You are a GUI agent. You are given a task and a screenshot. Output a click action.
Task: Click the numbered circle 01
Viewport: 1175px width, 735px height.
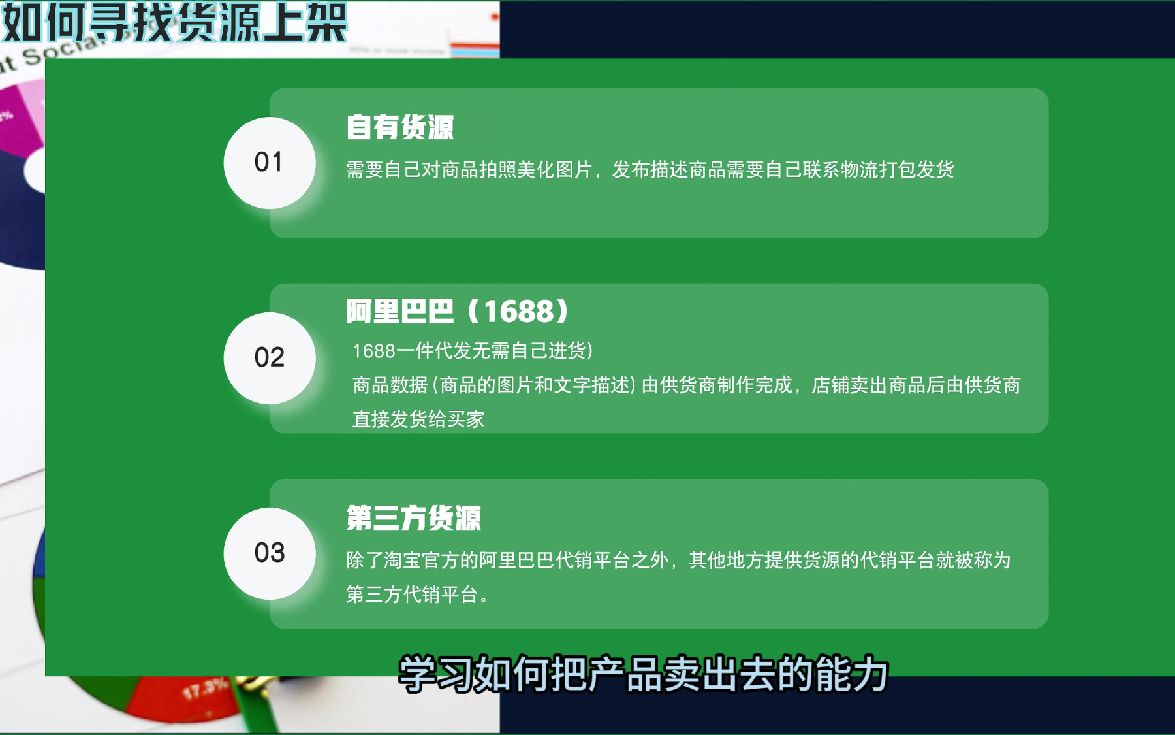point(270,163)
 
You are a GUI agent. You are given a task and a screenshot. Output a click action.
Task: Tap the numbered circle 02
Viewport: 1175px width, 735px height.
point(270,358)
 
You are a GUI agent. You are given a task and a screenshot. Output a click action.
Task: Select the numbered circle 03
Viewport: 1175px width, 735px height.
point(270,553)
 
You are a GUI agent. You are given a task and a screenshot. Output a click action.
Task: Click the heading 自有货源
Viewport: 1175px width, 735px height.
point(399,127)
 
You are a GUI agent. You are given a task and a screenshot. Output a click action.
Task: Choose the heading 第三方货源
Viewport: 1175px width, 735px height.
point(413,518)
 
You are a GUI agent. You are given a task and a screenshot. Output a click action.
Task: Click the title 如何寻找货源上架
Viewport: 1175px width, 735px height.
point(174,22)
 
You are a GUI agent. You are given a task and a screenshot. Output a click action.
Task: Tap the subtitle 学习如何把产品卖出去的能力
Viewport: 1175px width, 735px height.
point(644,674)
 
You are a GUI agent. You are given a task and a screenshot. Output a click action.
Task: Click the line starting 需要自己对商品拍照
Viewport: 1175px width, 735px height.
point(650,170)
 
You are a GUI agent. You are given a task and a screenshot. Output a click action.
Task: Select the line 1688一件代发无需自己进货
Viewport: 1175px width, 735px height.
point(473,351)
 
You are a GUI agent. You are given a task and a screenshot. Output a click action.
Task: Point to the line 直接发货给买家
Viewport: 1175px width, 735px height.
point(418,419)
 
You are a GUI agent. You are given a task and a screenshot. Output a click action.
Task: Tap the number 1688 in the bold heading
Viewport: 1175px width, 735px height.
point(518,312)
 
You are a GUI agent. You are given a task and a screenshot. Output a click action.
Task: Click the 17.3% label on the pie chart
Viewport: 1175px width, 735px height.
point(205,689)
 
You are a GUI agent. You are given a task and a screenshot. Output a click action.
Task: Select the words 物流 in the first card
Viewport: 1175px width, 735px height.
point(859,170)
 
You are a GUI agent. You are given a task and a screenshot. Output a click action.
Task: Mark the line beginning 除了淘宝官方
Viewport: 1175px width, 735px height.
point(678,561)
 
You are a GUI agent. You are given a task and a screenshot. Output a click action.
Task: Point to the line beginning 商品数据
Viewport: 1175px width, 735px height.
point(687,385)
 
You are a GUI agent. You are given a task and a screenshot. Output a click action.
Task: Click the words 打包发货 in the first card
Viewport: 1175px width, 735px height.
point(916,170)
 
